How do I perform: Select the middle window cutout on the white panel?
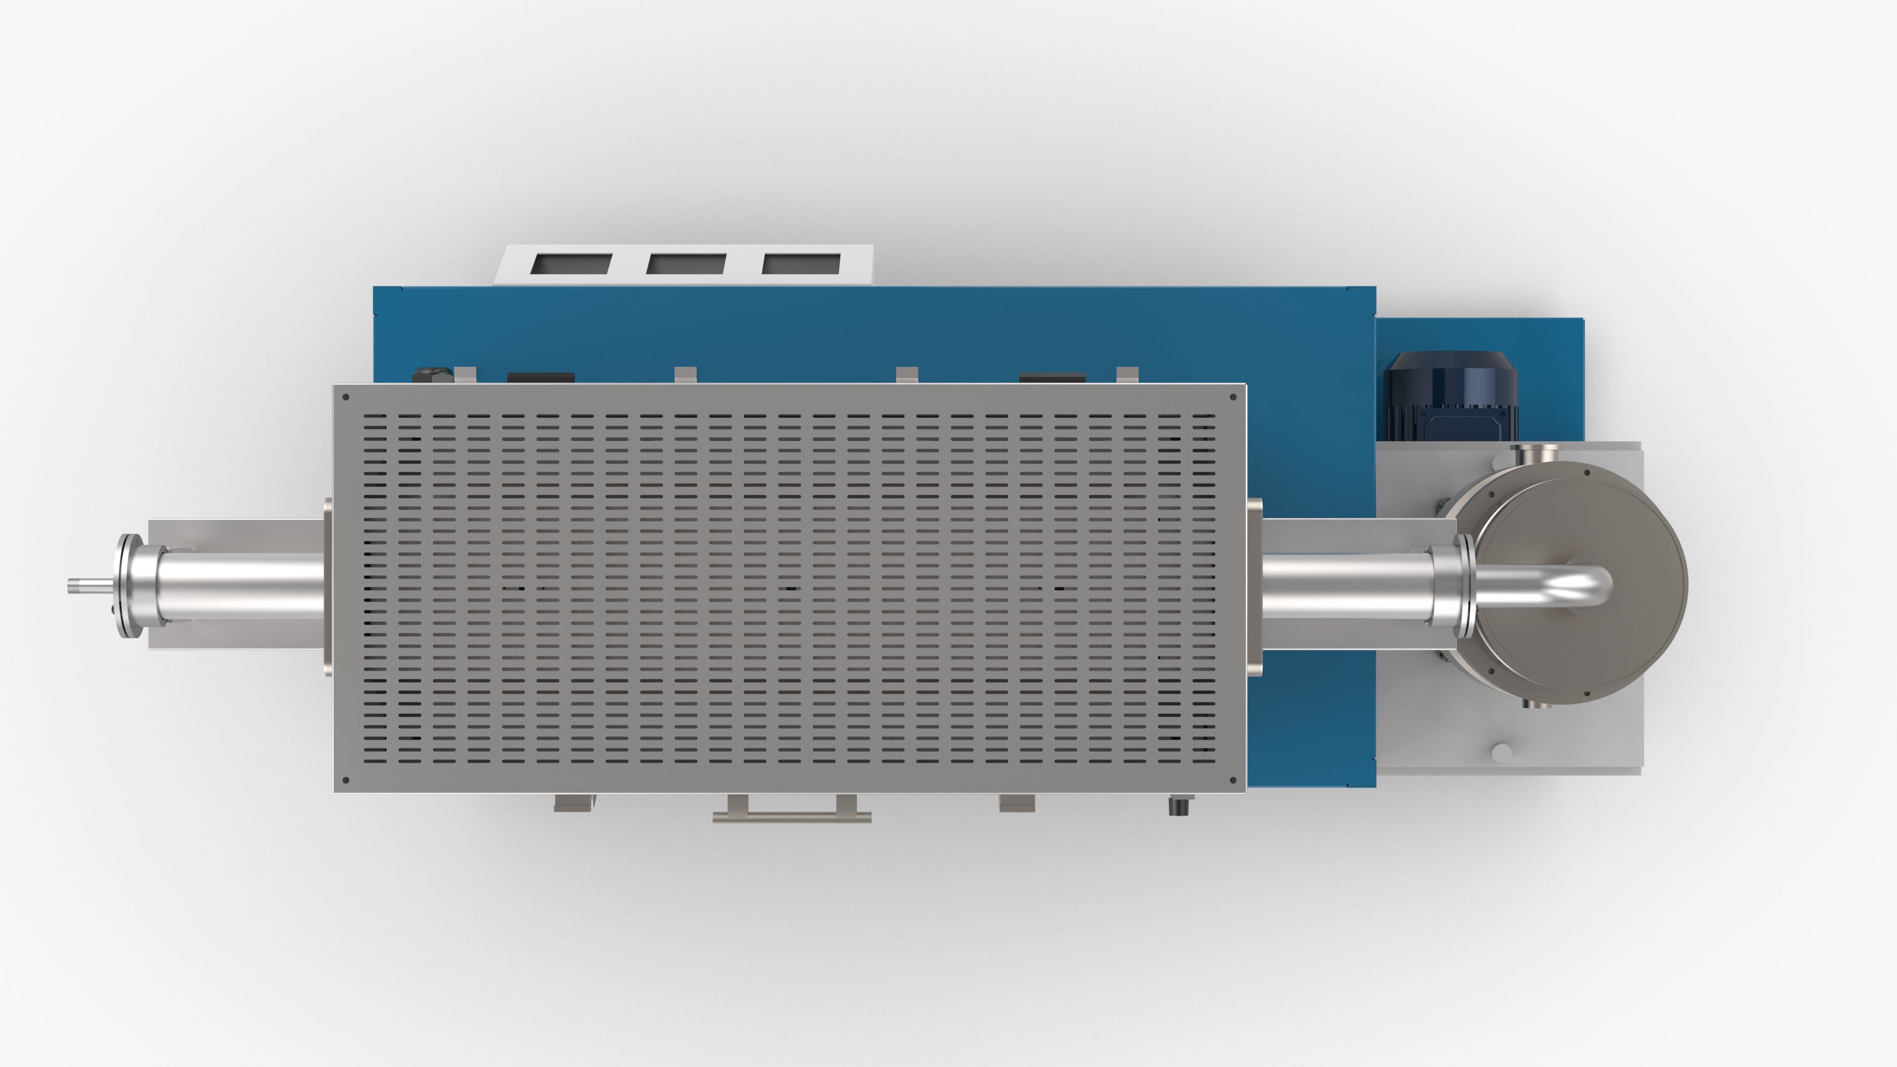pyautogui.click(x=686, y=264)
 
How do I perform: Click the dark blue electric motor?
pyautogui.click(x=1449, y=398)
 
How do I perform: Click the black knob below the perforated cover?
pyautogui.click(x=1179, y=806)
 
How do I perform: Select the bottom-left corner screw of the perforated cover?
pyautogui.click(x=346, y=780)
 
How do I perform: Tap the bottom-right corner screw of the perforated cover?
pyautogui.click(x=1234, y=780)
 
